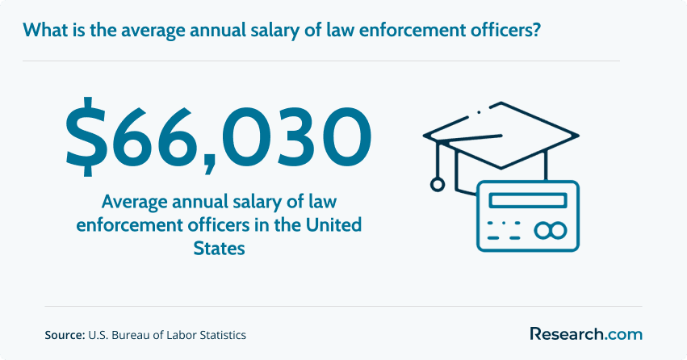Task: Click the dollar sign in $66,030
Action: click(86, 136)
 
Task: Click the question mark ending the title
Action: click(535, 30)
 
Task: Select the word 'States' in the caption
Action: click(219, 249)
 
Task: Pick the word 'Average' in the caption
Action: click(135, 202)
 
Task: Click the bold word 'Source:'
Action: click(65, 335)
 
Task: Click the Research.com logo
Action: click(586, 333)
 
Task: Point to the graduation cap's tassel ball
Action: click(437, 184)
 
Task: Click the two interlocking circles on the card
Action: click(551, 230)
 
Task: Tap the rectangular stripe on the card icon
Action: click(528, 201)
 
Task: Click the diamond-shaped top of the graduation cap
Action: click(501, 135)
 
